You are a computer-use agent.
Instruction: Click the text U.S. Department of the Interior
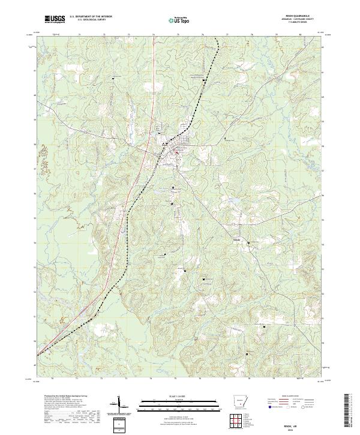point(92,18)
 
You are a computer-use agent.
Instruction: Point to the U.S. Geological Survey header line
point(92,21)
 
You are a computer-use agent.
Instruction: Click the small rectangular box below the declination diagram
point(118,425)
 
